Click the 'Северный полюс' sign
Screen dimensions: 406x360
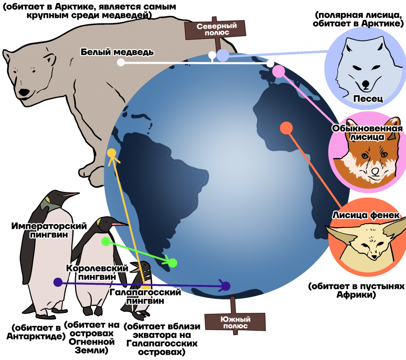tap(215, 29)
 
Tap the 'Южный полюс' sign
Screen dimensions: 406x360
tap(235, 322)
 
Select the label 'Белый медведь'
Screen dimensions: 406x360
tap(117, 52)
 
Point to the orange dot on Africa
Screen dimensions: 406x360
tap(286, 128)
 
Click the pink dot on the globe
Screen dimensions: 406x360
tap(279, 71)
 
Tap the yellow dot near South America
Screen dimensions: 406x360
tap(111, 153)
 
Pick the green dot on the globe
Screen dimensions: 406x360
tap(173, 263)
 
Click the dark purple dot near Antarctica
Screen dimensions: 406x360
tap(226, 286)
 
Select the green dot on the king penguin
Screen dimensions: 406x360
tap(106, 241)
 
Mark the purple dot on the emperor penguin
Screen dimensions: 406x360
tap(58, 282)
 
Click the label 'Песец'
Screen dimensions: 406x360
tap(368, 99)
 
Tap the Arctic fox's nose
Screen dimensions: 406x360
tap(365, 84)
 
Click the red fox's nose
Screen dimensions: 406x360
tap(375, 170)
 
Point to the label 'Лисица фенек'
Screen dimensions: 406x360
tap(366, 215)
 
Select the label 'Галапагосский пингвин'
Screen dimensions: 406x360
tap(145, 297)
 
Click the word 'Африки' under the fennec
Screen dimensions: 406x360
tap(356, 295)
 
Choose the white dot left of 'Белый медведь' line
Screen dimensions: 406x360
tap(121, 62)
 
